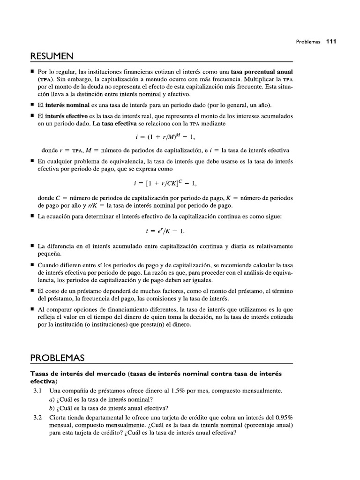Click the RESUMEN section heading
pyautogui.click(x=52, y=56)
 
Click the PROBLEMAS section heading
pyautogui.click(x=57, y=358)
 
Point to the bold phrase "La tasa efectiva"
pyautogui.click(x=114, y=124)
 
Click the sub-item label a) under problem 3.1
pyautogui.click(x=52, y=399)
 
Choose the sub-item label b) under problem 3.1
pyautogui.click(x=52, y=408)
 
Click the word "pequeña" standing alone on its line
pyautogui.click(x=49, y=254)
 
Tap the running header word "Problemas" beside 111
pyautogui.click(x=308, y=41)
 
